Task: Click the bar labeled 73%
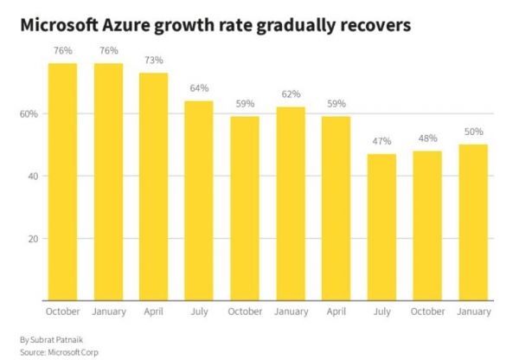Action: (x=153, y=186)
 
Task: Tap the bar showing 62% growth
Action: (x=290, y=203)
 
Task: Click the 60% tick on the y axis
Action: (x=28, y=114)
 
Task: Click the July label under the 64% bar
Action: (x=199, y=312)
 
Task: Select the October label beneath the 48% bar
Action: (x=427, y=312)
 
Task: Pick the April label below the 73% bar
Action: (x=153, y=312)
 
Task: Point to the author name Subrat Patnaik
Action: (x=54, y=339)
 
